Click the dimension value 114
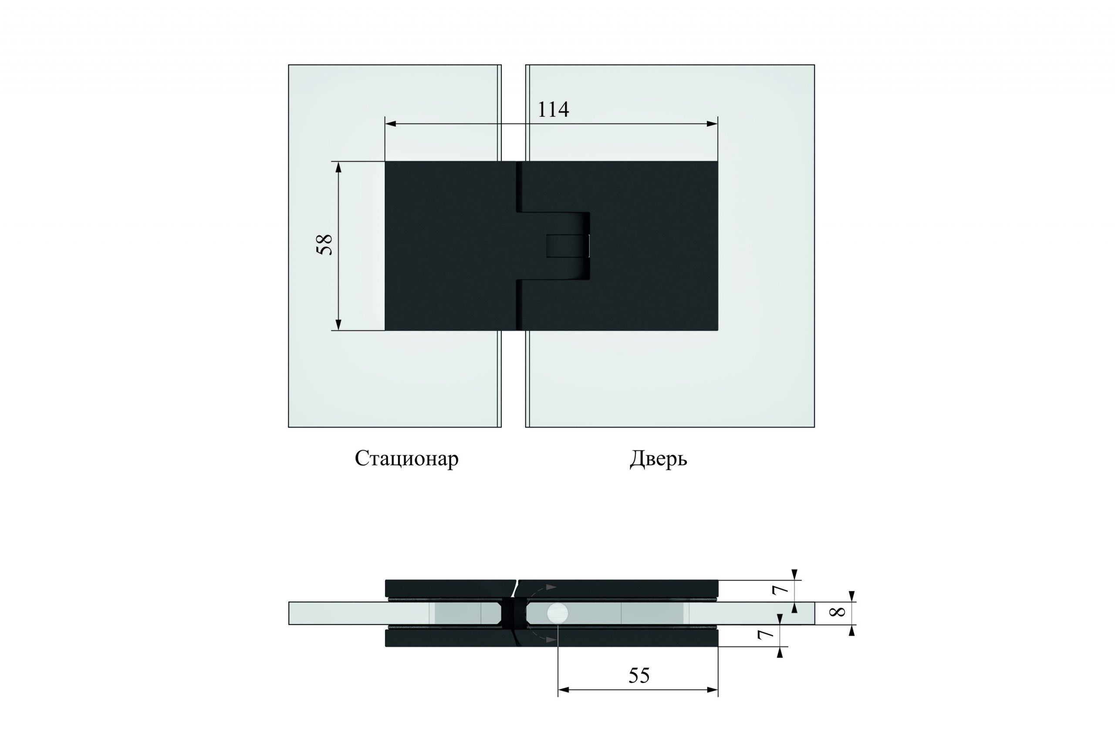553,109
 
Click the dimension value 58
325,245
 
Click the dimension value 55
639,675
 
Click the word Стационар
407,459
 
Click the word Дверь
659,459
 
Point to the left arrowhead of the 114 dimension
390,124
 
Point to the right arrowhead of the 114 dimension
712,124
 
